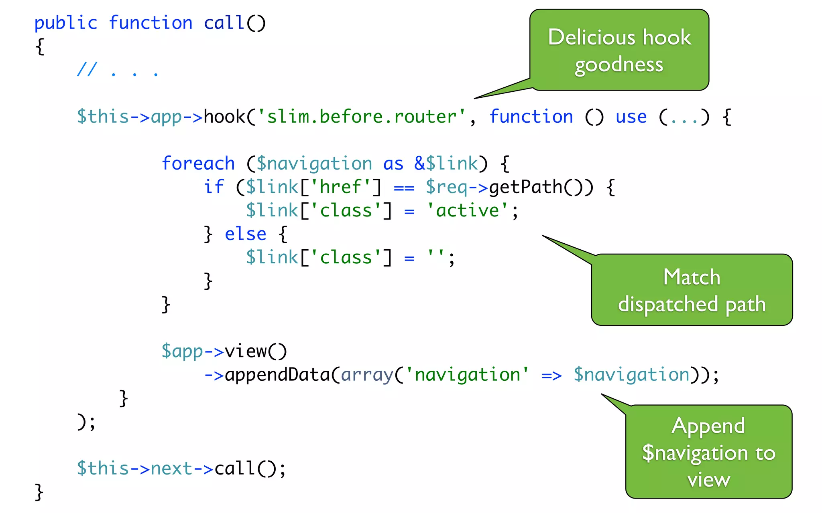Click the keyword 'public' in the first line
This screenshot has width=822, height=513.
point(66,23)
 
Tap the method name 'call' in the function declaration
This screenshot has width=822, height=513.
point(224,23)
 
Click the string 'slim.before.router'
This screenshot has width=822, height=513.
point(361,117)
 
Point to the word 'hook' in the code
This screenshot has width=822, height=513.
point(224,117)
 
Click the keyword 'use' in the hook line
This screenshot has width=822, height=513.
point(631,117)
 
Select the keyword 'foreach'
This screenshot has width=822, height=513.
point(198,164)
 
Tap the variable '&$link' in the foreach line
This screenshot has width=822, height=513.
point(446,164)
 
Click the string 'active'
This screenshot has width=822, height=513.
point(467,211)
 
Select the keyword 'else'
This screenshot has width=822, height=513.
point(245,234)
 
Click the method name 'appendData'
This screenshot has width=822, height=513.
point(277,375)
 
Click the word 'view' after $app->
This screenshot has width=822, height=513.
point(245,351)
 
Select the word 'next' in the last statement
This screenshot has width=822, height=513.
point(171,469)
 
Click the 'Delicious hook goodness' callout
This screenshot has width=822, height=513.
point(619,50)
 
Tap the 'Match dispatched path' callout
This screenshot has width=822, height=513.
point(692,290)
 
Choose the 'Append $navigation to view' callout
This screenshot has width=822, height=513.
point(708,452)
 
